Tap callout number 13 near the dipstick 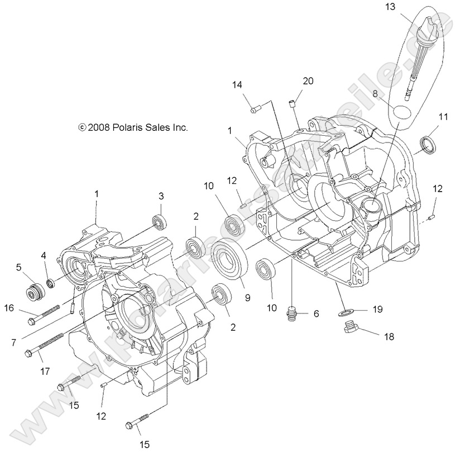click(x=389, y=7)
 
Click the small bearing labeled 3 click(x=160, y=221)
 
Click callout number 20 click(x=308, y=81)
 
